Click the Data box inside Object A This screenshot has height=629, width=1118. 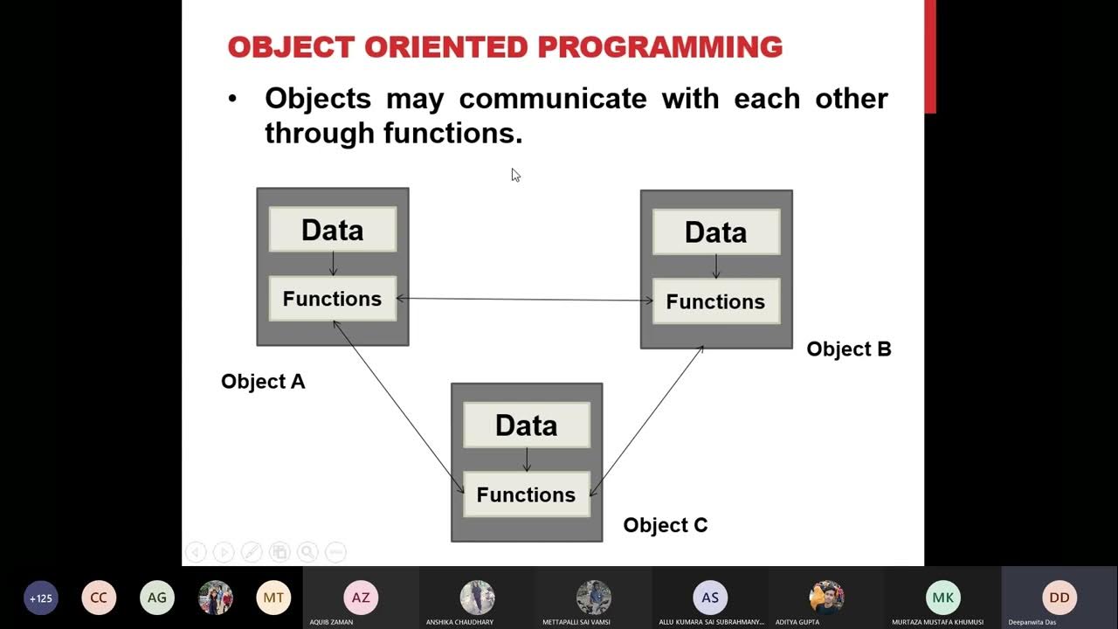[332, 230]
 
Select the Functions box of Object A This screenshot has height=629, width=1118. [332, 299]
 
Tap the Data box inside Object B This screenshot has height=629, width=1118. [715, 232]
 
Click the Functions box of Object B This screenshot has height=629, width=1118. [715, 301]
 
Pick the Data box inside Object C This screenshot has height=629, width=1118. [526, 425]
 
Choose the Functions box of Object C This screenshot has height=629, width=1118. [526, 494]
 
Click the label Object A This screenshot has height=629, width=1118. [263, 382]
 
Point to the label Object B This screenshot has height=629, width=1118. [848, 349]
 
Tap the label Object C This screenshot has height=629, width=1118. [665, 525]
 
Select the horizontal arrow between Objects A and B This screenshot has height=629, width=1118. [524, 300]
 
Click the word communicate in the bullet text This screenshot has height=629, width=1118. [553, 99]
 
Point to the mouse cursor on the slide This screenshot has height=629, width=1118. [515, 175]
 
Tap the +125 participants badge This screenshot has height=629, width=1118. [41, 598]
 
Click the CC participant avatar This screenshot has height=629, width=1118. [99, 598]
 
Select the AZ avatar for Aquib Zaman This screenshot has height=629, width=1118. [361, 598]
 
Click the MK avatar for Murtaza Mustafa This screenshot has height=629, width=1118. [942, 598]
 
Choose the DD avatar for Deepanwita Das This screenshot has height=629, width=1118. [1059, 598]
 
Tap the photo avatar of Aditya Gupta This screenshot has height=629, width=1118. [826, 598]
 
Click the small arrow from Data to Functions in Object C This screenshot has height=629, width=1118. [526, 460]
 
